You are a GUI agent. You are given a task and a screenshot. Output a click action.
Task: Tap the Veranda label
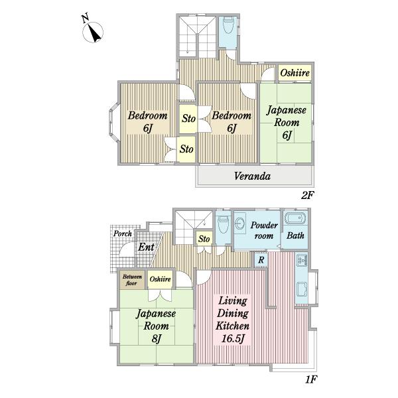(252, 176)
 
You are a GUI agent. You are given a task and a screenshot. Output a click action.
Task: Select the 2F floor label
(308, 196)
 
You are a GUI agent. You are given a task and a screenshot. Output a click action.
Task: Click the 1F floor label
(310, 379)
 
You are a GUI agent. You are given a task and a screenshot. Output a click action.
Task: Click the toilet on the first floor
(223, 224)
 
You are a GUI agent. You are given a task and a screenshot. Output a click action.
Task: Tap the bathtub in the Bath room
(295, 218)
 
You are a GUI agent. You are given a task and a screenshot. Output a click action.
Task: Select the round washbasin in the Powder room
(238, 224)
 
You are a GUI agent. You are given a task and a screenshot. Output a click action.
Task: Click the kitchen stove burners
(302, 259)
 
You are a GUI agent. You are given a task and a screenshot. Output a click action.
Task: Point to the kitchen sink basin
(302, 289)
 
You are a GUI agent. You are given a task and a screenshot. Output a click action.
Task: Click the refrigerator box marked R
(261, 260)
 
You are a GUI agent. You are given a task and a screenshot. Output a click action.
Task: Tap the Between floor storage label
(132, 280)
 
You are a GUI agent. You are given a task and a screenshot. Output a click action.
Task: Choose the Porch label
(123, 233)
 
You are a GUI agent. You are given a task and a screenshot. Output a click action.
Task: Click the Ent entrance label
(146, 247)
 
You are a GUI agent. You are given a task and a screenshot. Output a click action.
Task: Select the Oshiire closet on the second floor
(295, 73)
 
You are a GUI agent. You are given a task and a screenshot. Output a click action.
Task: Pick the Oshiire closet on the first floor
(160, 279)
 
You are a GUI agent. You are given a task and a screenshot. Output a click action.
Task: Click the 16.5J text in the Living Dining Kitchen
(233, 338)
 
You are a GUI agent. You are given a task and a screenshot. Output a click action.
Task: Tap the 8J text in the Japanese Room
(157, 338)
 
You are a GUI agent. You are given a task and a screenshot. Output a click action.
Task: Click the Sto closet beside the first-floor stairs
(204, 239)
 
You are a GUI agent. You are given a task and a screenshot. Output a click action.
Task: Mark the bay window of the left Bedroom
(113, 121)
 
